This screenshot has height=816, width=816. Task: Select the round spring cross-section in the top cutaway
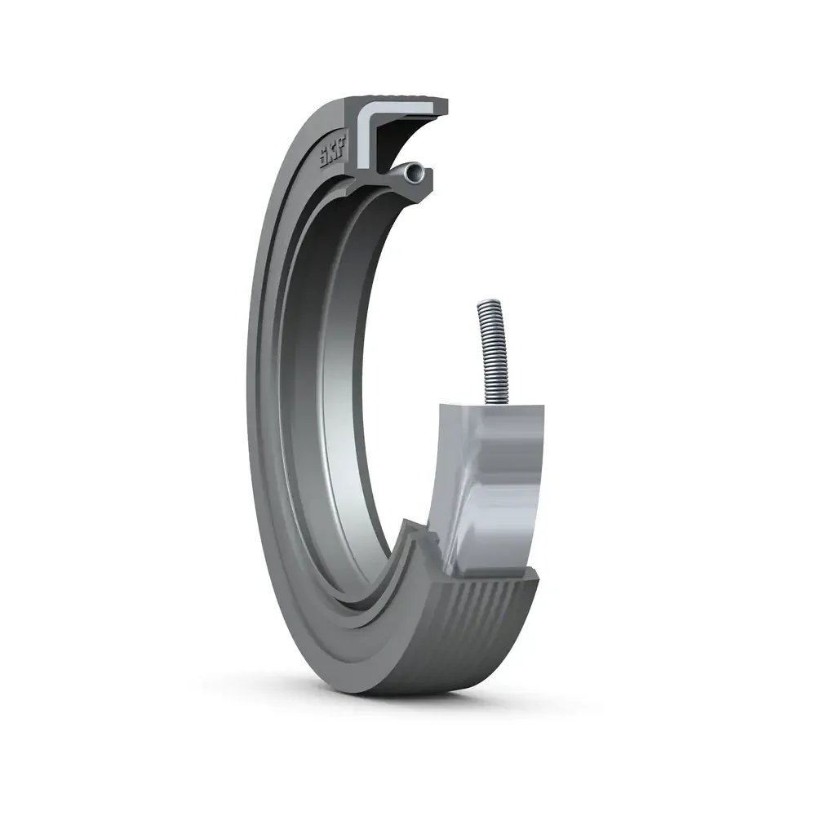(416, 171)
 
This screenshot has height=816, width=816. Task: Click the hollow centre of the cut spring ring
(417, 171)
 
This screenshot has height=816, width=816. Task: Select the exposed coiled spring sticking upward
(491, 351)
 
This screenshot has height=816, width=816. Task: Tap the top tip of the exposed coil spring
(482, 304)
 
